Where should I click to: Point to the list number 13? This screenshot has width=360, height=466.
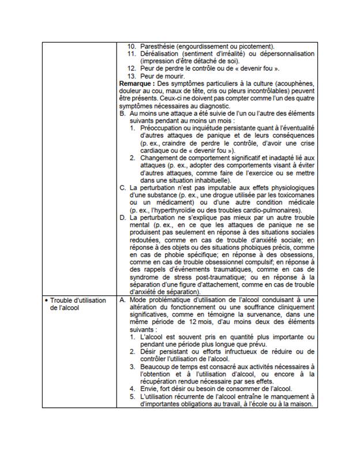(132, 76)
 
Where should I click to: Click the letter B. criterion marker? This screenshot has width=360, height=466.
(122, 114)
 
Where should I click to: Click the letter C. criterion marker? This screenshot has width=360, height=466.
(122, 189)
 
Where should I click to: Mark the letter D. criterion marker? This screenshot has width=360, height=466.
(122, 219)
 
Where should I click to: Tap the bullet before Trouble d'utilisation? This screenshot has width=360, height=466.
(46, 301)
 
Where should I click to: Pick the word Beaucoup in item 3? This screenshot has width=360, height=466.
(156, 368)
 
